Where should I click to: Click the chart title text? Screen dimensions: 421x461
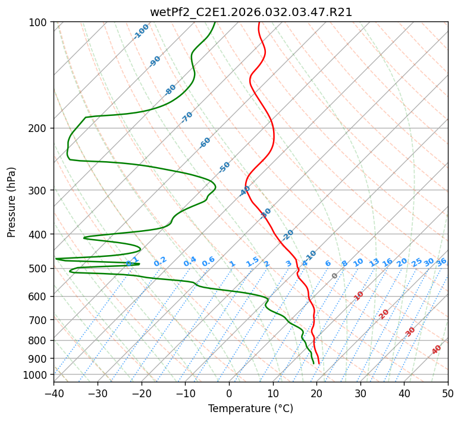[x=250, y=12]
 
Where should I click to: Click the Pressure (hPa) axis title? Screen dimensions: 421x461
[x=12, y=202]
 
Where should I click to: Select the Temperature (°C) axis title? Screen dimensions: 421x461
[x=250, y=409]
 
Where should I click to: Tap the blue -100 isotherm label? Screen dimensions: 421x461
[x=141, y=32]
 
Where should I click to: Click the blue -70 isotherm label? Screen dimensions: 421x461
[x=187, y=117]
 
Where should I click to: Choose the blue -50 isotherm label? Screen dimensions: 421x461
[x=224, y=167]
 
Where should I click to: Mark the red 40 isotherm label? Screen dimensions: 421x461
[x=437, y=350]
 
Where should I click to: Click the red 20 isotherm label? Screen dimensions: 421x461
[x=384, y=313]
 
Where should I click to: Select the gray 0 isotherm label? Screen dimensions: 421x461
[x=335, y=276]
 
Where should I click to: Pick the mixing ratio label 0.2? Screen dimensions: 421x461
[x=160, y=262]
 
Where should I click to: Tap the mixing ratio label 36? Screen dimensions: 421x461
[x=441, y=262]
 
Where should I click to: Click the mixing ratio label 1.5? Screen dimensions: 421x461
[x=253, y=262]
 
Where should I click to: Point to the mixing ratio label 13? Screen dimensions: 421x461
[x=374, y=262]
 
